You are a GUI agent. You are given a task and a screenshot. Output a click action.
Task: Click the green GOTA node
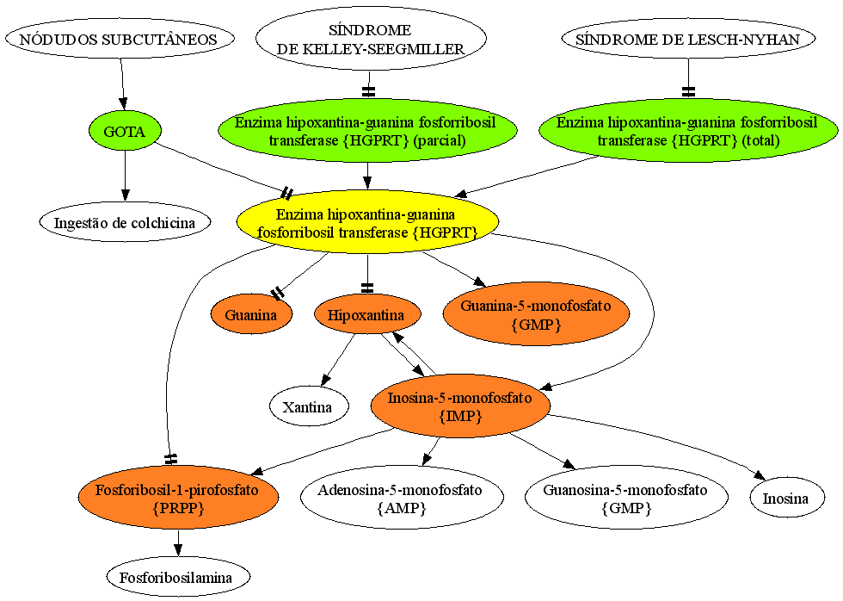(x=125, y=131)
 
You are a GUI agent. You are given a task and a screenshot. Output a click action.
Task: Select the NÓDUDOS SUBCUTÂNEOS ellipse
(x=120, y=40)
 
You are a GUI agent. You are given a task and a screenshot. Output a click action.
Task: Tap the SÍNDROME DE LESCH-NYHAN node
(x=688, y=40)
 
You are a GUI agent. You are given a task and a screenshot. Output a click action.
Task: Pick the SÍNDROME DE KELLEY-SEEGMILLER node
(x=371, y=40)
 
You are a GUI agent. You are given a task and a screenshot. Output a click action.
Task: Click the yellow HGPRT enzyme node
(x=368, y=223)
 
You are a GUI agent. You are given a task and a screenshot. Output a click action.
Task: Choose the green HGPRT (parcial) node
(x=368, y=131)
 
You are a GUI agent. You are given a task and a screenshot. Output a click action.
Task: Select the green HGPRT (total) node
(x=688, y=131)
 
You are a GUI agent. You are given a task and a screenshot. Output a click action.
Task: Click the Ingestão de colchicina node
(x=125, y=223)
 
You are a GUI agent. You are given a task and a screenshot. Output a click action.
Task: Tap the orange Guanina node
(x=251, y=315)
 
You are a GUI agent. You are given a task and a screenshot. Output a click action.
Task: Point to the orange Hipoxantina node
(x=366, y=315)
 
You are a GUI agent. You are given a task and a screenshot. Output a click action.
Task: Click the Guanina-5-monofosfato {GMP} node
(x=536, y=315)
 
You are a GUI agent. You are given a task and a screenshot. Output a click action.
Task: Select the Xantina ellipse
(x=308, y=406)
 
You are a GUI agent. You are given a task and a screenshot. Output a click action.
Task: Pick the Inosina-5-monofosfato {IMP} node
(x=460, y=406)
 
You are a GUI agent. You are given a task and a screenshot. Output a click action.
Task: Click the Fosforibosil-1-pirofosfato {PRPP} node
(x=179, y=499)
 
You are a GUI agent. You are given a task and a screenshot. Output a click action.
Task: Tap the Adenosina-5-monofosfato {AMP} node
(x=403, y=499)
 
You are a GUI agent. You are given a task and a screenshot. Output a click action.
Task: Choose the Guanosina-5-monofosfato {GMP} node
(x=626, y=499)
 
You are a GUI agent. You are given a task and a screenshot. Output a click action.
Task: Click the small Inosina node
(x=786, y=499)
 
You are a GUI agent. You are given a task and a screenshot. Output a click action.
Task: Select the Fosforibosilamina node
(x=179, y=578)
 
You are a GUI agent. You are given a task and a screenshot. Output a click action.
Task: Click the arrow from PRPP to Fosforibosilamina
(x=178, y=543)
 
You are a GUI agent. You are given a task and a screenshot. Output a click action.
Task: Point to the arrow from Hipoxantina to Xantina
(x=338, y=360)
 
